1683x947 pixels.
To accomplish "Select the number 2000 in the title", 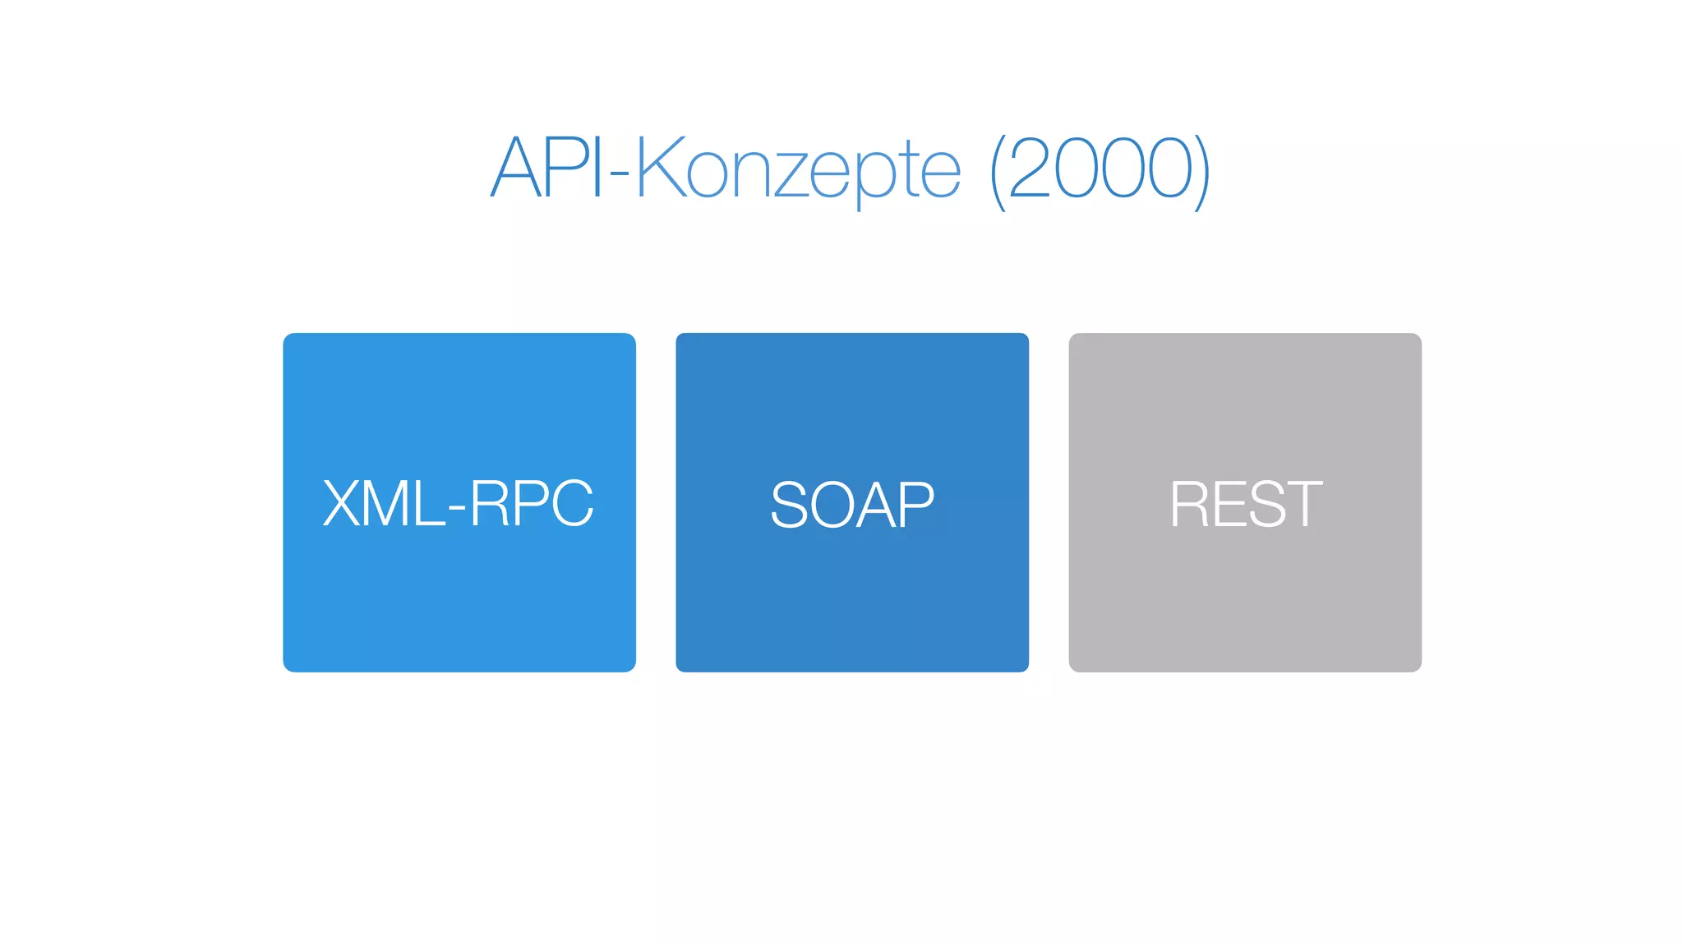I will (1101, 169).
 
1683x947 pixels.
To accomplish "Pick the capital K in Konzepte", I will (661, 169).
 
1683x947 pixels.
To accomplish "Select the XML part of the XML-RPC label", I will (383, 503).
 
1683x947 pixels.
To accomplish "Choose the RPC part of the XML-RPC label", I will (531, 503).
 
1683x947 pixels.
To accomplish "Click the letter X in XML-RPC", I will (341, 503).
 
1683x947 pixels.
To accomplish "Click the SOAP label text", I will (852, 504).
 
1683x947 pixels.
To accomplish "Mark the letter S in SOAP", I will (789, 504).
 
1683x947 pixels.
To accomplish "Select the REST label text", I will (1245, 504).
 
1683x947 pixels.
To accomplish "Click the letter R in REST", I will (1188, 504).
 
